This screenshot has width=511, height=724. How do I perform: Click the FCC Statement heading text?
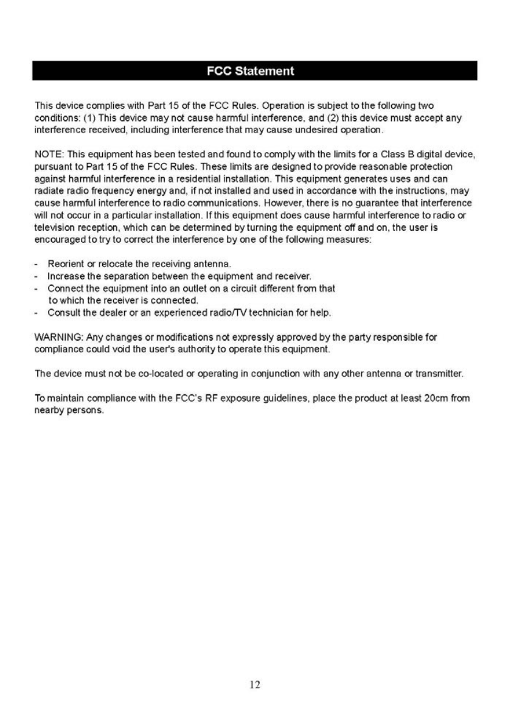tap(250, 71)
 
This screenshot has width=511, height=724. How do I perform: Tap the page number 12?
tap(255, 684)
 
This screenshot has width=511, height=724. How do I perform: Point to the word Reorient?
tap(65, 263)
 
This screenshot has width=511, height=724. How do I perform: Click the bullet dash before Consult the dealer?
tap(37, 313)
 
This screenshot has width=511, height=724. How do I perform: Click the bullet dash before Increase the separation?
tap(37, 276)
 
